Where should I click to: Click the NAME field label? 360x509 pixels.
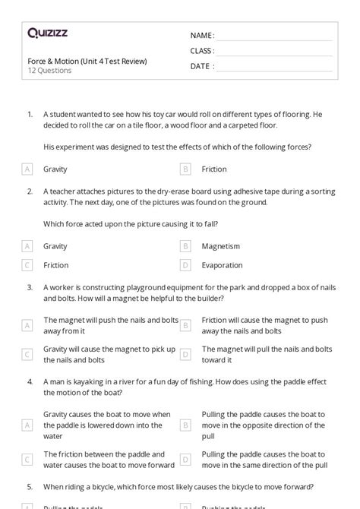(201, 35)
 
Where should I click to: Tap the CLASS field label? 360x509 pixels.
(202, 51)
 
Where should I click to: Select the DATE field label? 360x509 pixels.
(201, 66)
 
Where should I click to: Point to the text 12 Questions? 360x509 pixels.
(49, 71)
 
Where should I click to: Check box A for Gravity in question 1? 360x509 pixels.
(27, 169)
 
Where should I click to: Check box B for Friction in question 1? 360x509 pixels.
(185, 169)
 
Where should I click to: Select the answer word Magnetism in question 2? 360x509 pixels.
(220, 246)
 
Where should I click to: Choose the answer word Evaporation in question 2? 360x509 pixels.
(222, 265)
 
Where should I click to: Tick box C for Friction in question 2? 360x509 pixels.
(27, 265)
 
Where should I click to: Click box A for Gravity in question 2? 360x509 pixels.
(27, 246)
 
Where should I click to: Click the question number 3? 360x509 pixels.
(30, 287)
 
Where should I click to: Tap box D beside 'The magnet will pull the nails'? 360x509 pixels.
(185, 354)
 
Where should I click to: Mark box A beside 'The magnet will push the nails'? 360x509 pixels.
(27, 325)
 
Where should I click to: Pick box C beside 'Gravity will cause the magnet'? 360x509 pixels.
(27, 354)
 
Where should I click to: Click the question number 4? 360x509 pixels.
(30, 381)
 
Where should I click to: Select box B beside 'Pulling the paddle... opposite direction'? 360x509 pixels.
(185, 425)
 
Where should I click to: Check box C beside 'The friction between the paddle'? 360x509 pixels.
(27, 459)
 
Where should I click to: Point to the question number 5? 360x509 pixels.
(30, 486)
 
